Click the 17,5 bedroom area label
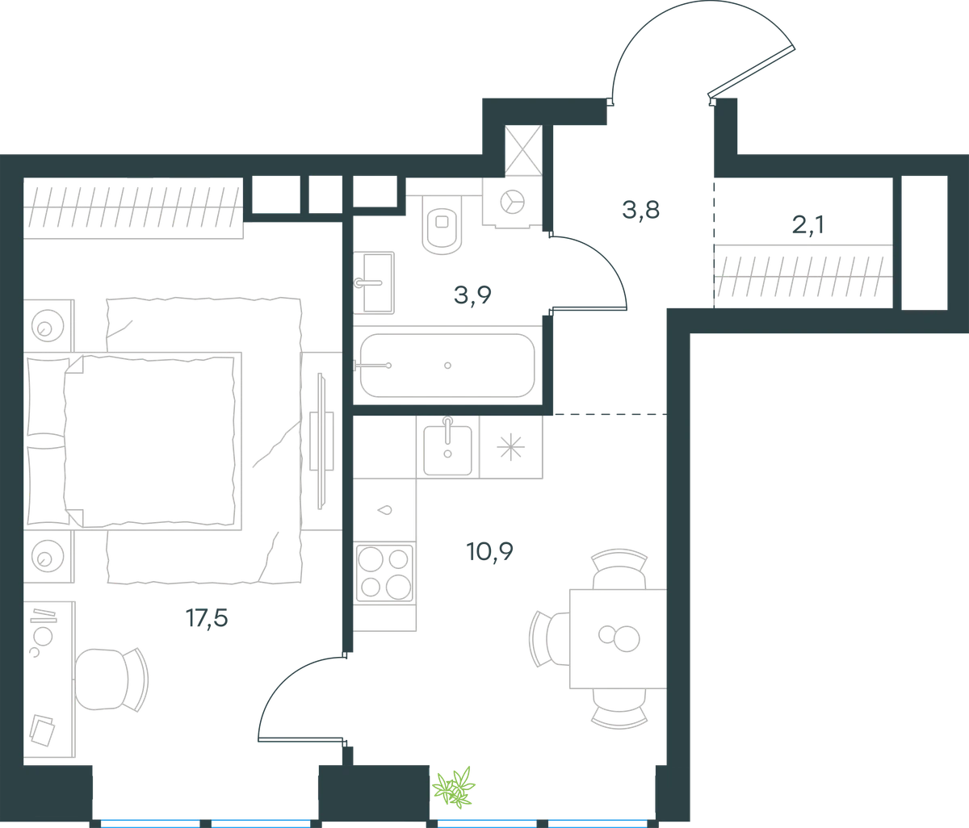[x=207, y=618]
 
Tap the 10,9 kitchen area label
[x=490, y=552]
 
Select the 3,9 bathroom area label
[x=472, y=295]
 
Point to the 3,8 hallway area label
[x=641, y=210]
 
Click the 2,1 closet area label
[x=807, y=225]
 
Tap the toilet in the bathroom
[x=442, y=225]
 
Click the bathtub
[x=447, y=366]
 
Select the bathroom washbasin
[x=374, y=283]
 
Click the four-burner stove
[x=384, y=574]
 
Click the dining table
[x=618, y=638]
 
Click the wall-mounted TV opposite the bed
[x=321, y=441]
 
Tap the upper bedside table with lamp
[x=48, y=326]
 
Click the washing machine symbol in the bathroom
[x=513, y=203]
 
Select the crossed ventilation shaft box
[x=523, y=150]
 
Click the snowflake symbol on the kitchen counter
[x=511, y=446]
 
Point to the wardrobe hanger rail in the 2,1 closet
[x=803, y=277]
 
